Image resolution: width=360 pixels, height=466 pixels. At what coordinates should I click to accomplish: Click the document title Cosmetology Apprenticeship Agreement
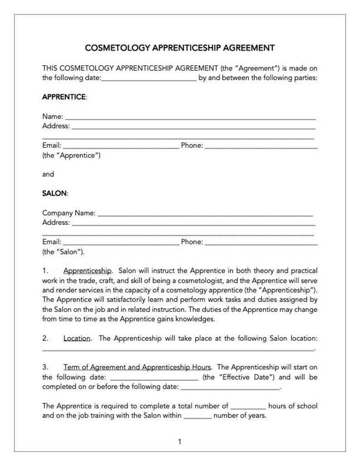(x=180, y=48)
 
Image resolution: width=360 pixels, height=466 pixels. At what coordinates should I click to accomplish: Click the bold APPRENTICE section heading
(x=63, y=97)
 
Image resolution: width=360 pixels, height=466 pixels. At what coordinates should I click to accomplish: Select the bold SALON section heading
(x=54, y=193)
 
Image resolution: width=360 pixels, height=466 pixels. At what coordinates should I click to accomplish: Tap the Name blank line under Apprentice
(x=190, y=118)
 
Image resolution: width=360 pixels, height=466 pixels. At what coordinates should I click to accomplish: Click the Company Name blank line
(x=205, y=214)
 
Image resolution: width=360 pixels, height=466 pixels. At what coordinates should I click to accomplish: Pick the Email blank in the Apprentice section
(x=121, y=148)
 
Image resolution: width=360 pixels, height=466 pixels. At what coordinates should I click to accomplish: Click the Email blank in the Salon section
(x=121, y=244)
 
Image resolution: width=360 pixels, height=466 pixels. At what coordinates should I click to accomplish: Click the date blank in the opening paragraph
(x=149, y=79)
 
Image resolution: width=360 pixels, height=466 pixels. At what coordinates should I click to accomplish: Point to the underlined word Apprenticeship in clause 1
(x=88, y=271)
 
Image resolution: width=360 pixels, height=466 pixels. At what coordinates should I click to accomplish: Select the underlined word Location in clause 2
(x=77, y=339)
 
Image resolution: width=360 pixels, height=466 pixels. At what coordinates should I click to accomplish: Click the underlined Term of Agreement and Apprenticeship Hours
(x=137, y=367)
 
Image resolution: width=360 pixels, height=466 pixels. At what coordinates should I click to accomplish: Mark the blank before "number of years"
(x=198, y=417)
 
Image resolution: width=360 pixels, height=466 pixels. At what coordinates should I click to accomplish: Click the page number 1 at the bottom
(x=180, y=442)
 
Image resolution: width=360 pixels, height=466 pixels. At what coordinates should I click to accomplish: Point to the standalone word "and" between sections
(x=48, y=174)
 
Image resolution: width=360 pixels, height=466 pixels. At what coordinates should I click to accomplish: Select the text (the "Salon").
(x=63, y=251)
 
